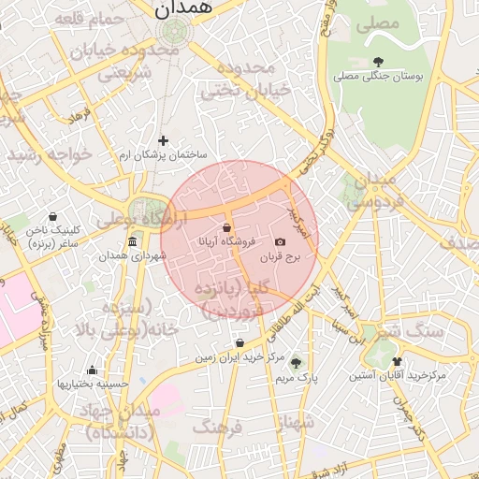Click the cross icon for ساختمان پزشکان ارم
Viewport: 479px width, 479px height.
click(x=163, y=139)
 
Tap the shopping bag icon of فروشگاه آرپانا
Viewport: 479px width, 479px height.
click(x=227, y=228)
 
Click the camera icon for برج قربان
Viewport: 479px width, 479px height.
click(x=280, y=242)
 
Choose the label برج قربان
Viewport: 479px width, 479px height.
click(x=277, y=256)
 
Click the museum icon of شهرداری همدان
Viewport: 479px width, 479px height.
click(x=131, y=242)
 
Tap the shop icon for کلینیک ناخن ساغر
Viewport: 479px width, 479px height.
click(x=52, y=216)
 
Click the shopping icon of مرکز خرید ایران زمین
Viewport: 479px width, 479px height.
click(x=240, y=343)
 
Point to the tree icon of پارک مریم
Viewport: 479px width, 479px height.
click(x=297, y=362)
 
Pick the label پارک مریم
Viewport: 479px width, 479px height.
click(x=297, y=378)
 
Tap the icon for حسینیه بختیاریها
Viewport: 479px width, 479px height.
click(x=92, y=370)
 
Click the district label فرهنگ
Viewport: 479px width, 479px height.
click(x=217, y=428)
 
